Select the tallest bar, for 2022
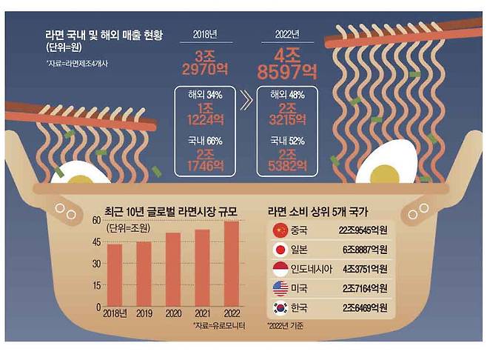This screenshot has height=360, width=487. pyautogui.click(x=231, y=264)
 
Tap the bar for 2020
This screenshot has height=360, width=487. pyautogui.click(x=172, y=270)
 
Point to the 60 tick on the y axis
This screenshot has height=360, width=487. pyautogui.click(x=96, y=220)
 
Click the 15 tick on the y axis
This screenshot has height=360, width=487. pyautogui.click(x=96, y=285)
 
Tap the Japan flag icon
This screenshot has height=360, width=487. pyautogui.click(x=281, y=249)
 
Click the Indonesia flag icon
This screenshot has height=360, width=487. pyautogui.click(x=281, y=268)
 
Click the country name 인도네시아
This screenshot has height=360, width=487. pyautogui.click(x=311, y=268)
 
